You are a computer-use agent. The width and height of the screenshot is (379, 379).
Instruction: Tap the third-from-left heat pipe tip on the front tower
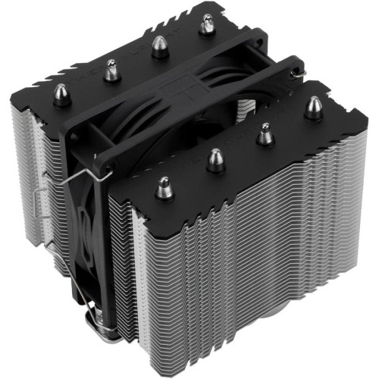(265, 135)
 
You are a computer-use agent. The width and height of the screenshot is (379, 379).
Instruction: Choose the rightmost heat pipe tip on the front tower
(312, 108)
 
